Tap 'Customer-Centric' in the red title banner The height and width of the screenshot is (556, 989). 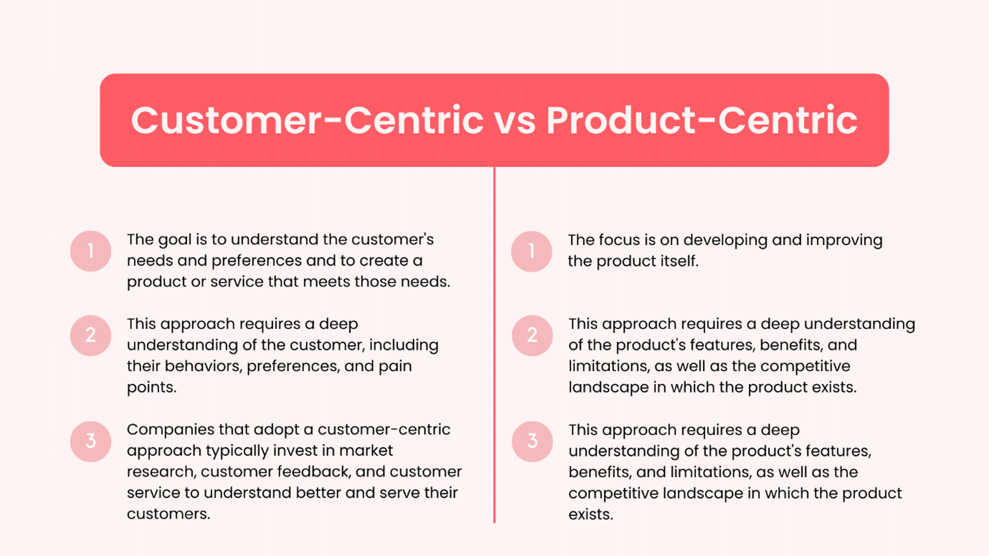[307, 120]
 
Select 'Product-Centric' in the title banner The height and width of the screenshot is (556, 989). [701, 120]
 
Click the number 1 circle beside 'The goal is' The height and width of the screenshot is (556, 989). [91, 251]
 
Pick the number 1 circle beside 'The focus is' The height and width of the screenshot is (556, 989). [531, 251]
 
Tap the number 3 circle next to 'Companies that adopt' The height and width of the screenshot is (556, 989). [91, 441]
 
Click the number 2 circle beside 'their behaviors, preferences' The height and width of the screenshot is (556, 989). [91, 335]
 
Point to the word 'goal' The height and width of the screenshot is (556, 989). [176, 240]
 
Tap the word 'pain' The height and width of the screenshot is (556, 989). [394, 366]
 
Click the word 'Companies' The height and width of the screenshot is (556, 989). [169, 429]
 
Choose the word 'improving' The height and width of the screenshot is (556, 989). [844, 240]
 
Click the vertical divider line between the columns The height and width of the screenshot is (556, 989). [494, 344]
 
